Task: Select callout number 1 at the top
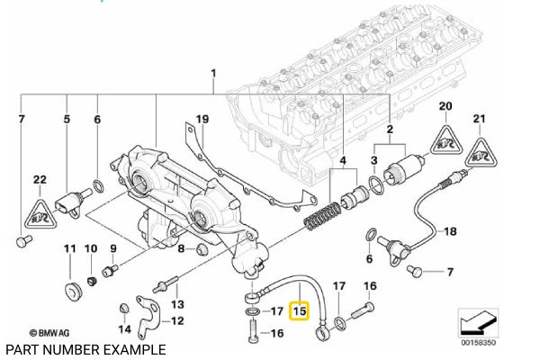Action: coord(213,72)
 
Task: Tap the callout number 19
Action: coord(202,119)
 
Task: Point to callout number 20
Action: coord(443,107)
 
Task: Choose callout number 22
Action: coord(38,180)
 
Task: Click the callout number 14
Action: coord(124,329)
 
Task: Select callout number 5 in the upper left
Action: coord(66,119)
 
